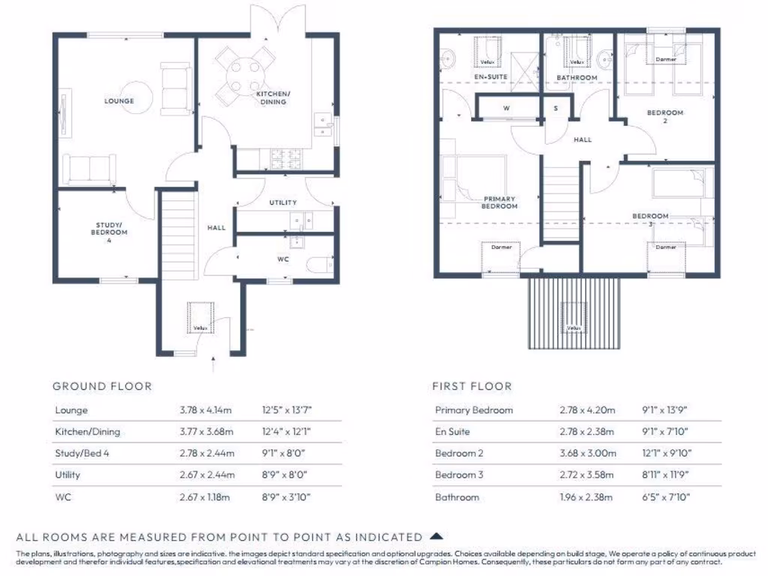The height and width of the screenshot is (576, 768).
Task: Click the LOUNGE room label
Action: tap(119, 101)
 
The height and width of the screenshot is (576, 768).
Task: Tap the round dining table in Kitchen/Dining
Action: tap(243, 74)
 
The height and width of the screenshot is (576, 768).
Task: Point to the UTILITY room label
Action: tap(283, 202)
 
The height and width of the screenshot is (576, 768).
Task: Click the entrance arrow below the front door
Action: tap(215, 366)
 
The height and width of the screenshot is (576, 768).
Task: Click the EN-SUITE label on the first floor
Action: tap(491, 77)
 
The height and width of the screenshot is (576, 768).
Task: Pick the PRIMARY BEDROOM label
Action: tap(499, 202)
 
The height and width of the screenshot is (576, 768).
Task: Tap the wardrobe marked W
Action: tap(506, 109)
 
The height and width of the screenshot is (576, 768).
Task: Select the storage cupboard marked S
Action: tap(556, 109)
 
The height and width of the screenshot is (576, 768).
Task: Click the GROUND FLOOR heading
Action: tap(102, 386)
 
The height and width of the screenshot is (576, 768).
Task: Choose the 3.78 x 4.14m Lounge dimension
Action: tap(206, 410)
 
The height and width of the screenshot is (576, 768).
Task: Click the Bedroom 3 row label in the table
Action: tap(459, 475)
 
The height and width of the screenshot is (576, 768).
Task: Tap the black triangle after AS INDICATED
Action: tap(436, 536)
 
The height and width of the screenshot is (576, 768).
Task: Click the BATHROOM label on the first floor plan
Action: tap(577, 78)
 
